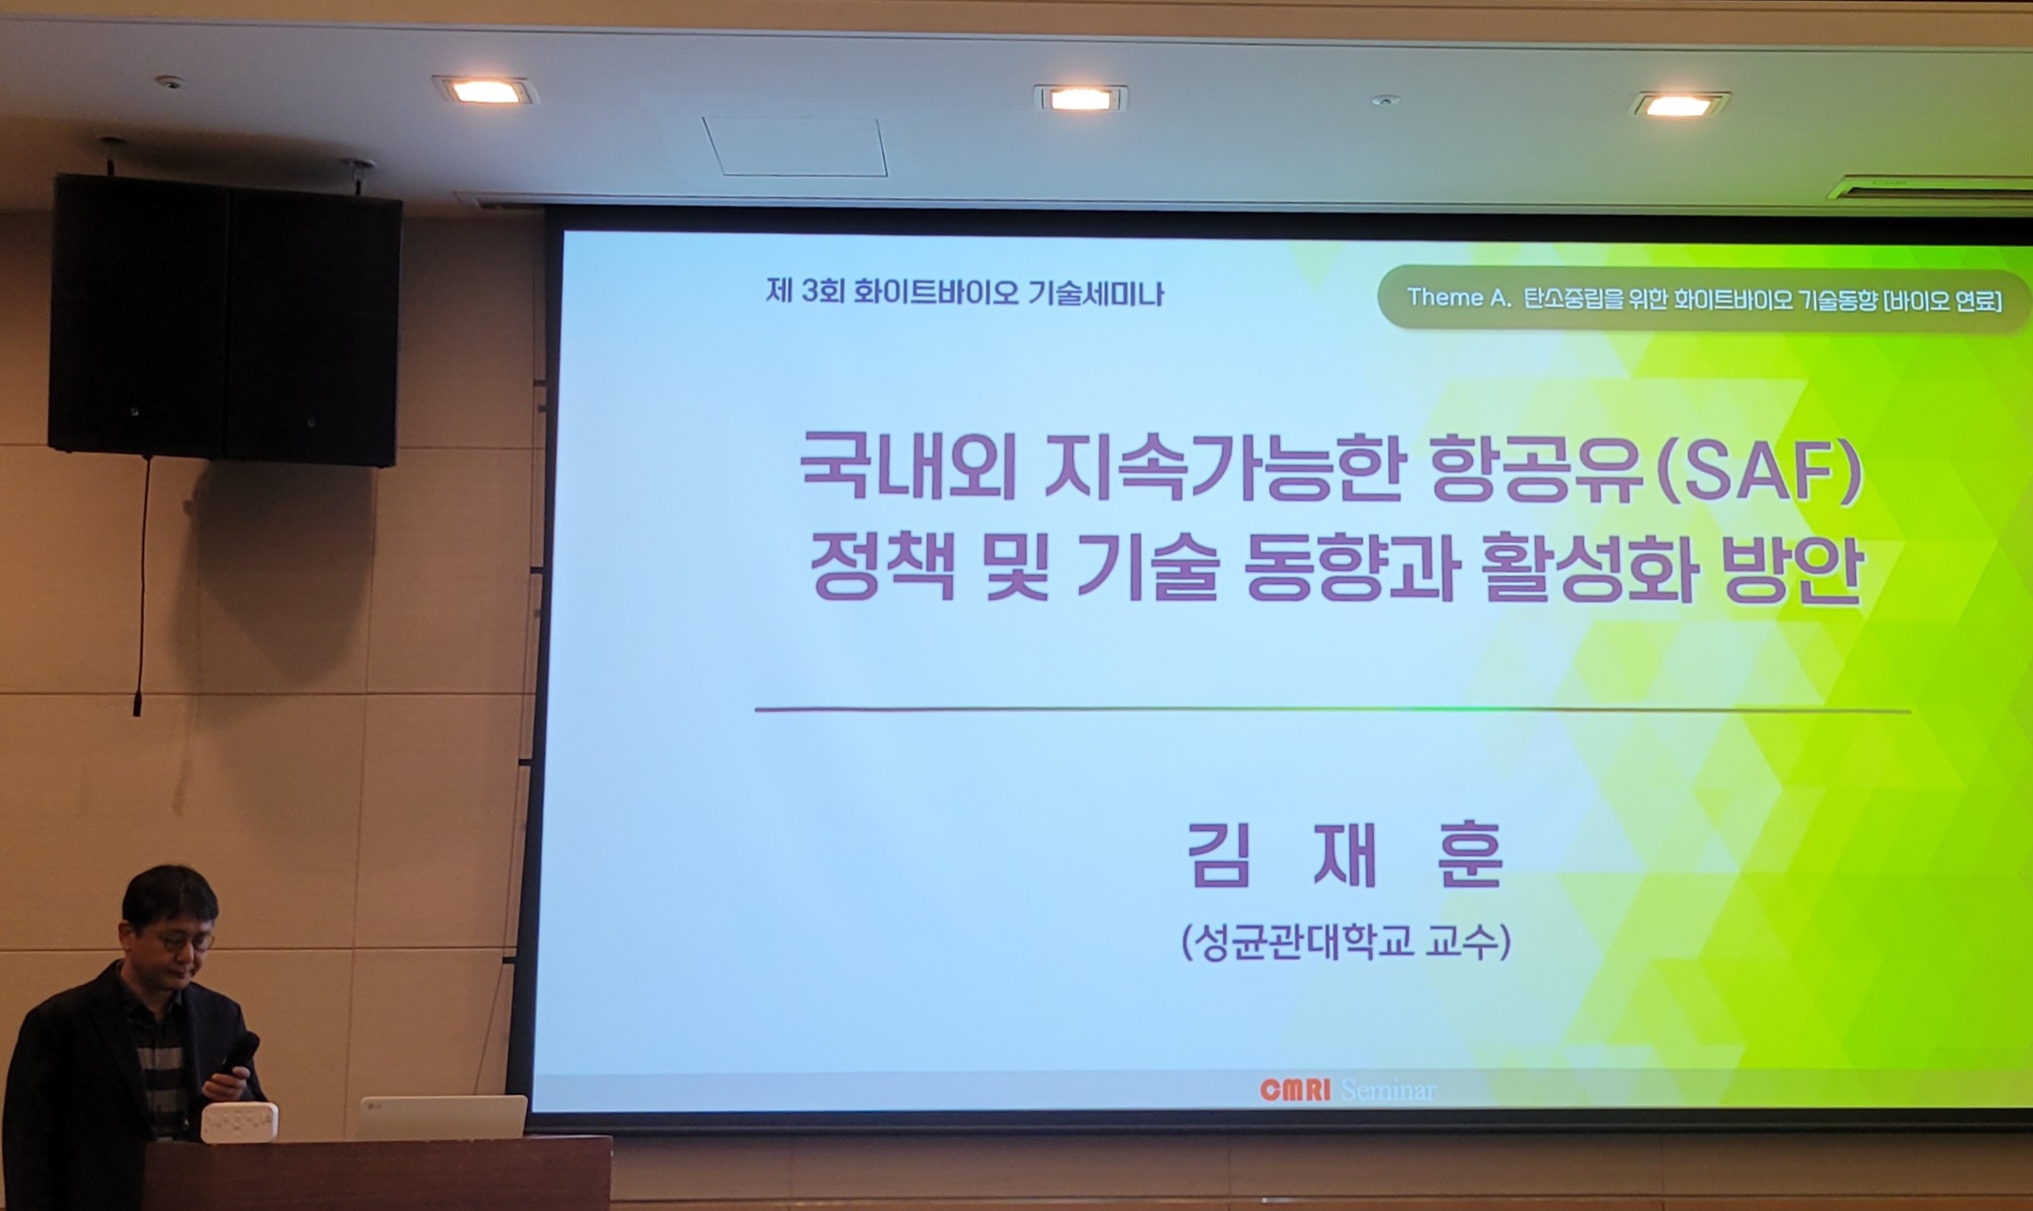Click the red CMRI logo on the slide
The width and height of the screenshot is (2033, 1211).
coord(1294,1089)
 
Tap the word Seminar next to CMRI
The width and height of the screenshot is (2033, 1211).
coord(1388,1090)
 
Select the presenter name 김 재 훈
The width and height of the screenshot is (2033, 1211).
coord(1344,854)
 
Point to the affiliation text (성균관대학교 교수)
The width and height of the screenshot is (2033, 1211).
coord(1346,942)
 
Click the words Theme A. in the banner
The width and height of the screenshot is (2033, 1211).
coord(1459,298)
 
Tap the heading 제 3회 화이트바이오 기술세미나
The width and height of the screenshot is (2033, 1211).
coord(965,292)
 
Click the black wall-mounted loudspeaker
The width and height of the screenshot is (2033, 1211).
coord(225,321)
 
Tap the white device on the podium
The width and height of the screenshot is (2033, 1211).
coord(239,1122)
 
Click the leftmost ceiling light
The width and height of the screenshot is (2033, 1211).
coord(486,90)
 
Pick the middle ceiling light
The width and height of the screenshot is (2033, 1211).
coord(1081,99)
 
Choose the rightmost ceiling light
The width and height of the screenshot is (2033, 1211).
coord(1678,105)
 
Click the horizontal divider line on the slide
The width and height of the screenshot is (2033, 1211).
coord(1332,710)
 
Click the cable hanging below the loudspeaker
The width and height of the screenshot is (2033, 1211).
coord(143,587)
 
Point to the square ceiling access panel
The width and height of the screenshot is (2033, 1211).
coord(795,146)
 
